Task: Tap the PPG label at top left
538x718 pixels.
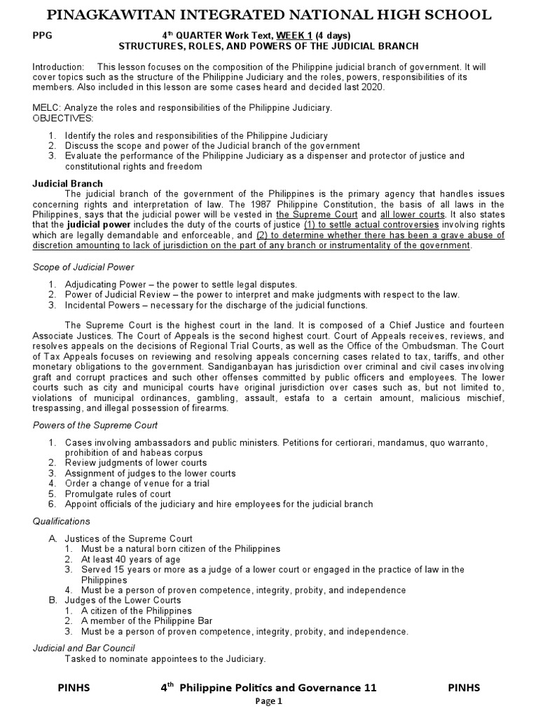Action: click(43, 35)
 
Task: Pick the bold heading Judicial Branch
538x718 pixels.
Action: click(68, 184)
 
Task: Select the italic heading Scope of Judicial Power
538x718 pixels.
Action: click(84, 267)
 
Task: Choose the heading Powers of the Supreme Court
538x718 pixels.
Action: click(95, 425)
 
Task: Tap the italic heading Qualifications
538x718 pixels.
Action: click(62, 521)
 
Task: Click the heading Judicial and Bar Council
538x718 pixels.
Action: click(84, 647)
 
